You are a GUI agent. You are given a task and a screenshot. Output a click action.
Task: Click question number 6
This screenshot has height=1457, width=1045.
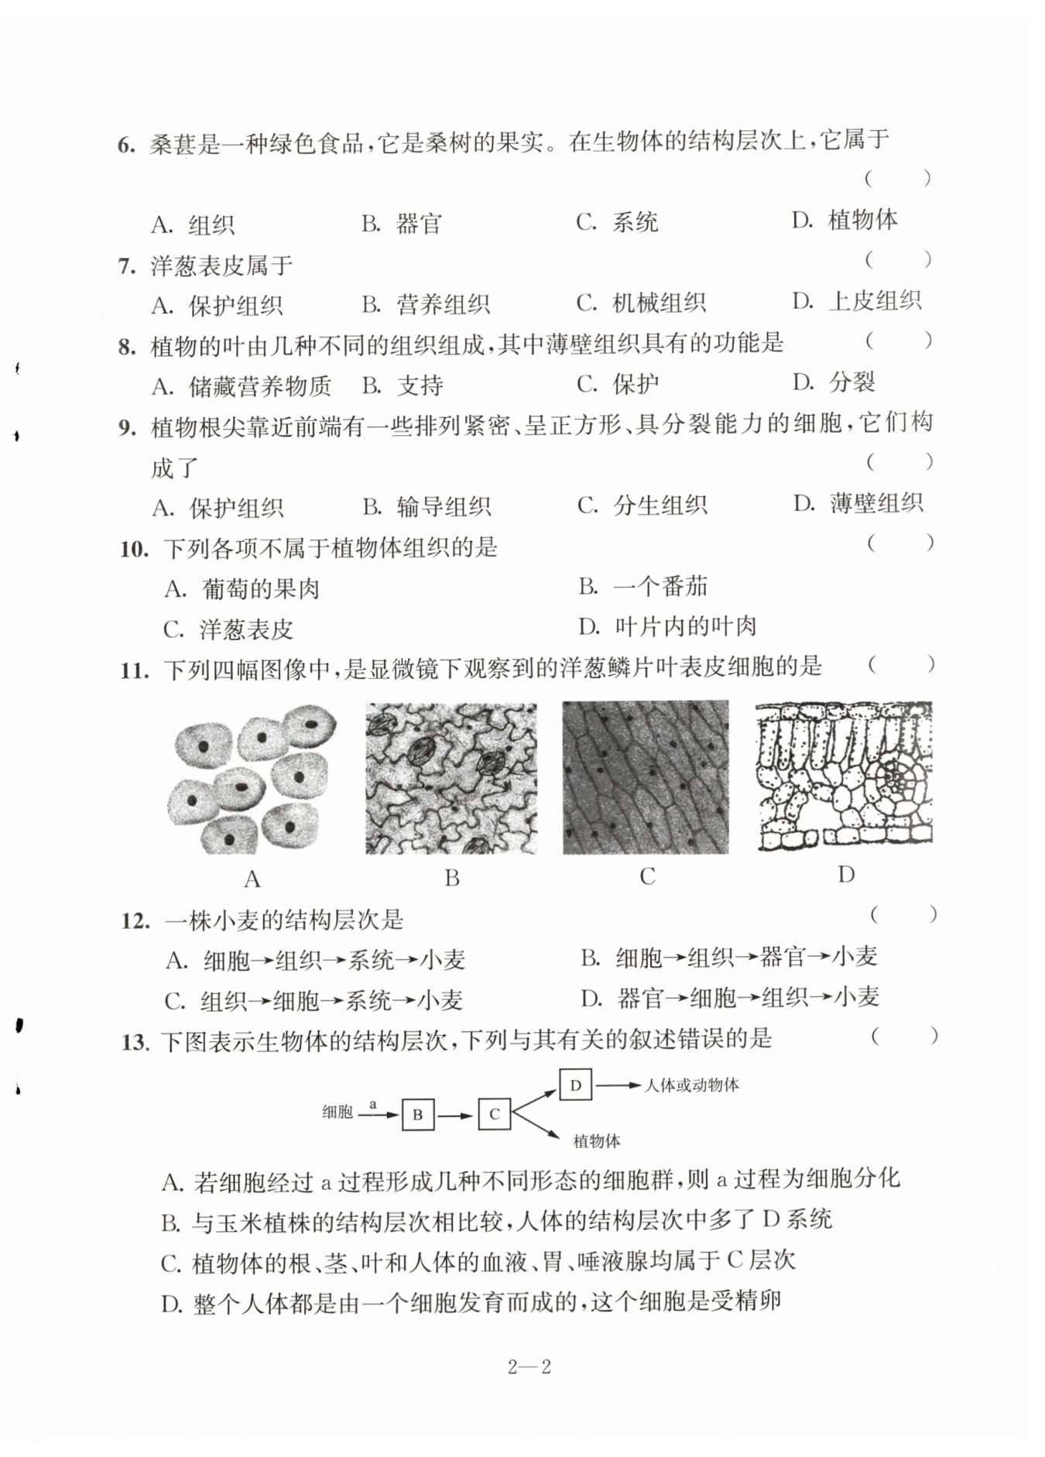(126, 145)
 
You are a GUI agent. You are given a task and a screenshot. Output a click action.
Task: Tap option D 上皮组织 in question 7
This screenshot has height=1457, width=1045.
(858, 300)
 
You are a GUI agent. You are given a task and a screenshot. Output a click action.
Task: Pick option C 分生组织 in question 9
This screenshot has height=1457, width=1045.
(642, 506)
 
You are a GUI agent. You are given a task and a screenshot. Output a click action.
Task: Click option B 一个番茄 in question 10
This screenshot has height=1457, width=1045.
(643, 587)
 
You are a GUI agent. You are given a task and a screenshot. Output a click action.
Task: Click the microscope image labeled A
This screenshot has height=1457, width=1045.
(253, 778)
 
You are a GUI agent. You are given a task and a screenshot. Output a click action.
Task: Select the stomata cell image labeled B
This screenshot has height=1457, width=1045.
(451, 778)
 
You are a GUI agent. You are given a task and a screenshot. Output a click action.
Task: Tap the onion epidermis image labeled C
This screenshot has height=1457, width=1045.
(646, 777)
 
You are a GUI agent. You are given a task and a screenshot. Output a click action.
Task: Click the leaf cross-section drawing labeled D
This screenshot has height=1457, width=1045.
(845, 776)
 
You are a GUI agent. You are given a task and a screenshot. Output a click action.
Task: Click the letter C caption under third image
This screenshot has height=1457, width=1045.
(648, 876)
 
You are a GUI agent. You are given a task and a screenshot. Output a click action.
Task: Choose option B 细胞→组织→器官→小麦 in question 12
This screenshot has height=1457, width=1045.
(729, 958)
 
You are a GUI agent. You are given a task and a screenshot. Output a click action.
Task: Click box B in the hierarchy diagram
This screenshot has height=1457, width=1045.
(417, 1115)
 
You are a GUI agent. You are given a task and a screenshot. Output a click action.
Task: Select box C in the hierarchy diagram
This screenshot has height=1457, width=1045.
(494, 1115)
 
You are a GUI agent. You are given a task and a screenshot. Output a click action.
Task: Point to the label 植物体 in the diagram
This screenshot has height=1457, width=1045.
(596, 1141)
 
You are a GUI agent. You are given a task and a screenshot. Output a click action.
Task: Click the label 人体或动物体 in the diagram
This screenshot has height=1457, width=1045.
(692, 1085)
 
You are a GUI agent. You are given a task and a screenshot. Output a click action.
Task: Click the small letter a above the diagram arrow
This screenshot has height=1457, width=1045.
(373, 1104)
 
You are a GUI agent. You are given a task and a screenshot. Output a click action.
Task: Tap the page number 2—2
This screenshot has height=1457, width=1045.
(529, 1367)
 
